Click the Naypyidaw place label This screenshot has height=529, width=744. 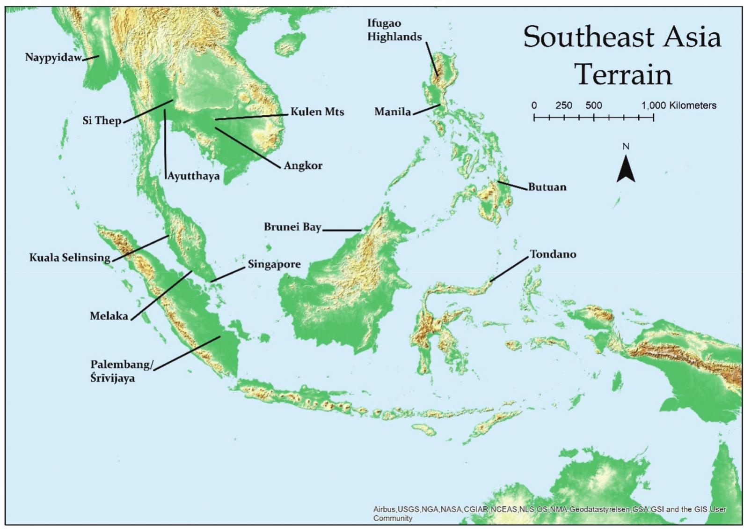[53, 58]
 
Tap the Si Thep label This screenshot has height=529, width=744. [102, 121]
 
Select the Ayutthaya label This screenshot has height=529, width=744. [193, 177]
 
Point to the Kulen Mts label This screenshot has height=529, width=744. [317, 112]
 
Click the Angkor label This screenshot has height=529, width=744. [303, 166]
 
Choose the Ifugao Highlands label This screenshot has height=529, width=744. [394, 30]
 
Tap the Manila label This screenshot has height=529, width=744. [392, 112]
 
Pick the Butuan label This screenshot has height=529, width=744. [547, 187]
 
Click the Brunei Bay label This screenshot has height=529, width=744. [292, 227]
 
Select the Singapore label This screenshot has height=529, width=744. [274, 264]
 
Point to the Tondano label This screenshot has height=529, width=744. [553, 254]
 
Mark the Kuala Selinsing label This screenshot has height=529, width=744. [70, 258]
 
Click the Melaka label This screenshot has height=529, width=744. [109, 316]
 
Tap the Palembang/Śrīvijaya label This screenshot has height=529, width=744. [121, 371]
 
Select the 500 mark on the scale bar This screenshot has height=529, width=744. [593, 105]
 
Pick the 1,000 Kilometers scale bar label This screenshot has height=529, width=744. [678, 105]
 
